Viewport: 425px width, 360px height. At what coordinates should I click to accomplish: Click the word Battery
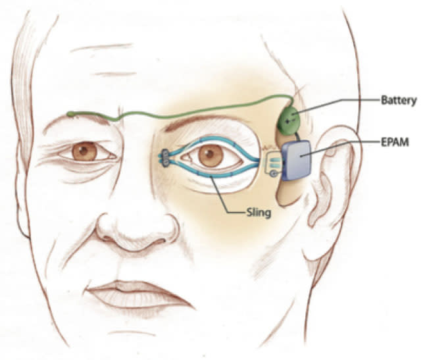(399, 100)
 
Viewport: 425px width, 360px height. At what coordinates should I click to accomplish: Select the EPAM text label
(395, 141)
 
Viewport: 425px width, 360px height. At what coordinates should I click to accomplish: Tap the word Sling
(258, 211)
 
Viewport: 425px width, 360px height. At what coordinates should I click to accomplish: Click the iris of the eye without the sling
(84, 151)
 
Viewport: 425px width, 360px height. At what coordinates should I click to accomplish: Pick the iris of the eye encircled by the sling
(211, 156)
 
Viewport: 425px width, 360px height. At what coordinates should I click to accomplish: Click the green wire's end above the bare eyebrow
(69, 114)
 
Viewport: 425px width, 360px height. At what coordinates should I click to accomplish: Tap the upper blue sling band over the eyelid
(211, 140)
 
